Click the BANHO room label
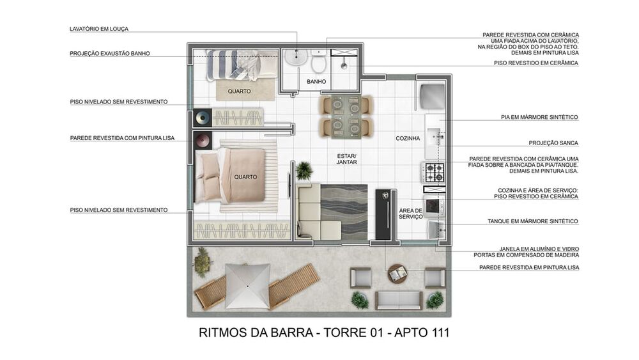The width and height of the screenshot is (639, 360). coord(316,82)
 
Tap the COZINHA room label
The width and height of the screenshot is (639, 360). coord(408,138)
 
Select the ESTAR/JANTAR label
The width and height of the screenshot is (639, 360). coord(347,159)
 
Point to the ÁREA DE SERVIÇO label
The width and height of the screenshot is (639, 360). coord(411,214)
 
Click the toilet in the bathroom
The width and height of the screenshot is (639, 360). coord(318,61)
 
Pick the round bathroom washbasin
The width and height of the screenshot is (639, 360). coord(295,59)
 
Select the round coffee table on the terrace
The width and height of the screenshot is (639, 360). coord(398,274)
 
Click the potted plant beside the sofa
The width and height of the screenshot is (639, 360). coord(304,170)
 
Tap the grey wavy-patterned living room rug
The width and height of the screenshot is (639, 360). coord(343,211)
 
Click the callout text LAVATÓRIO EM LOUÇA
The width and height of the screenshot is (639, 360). coord(99,29)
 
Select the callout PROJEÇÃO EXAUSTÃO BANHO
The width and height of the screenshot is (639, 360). coord(110,54)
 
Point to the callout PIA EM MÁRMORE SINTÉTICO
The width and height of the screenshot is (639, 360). coord(539,117)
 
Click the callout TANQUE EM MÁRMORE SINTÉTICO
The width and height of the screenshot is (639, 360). coord(532,221)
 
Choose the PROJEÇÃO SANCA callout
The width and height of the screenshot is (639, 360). coord(553,143)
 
